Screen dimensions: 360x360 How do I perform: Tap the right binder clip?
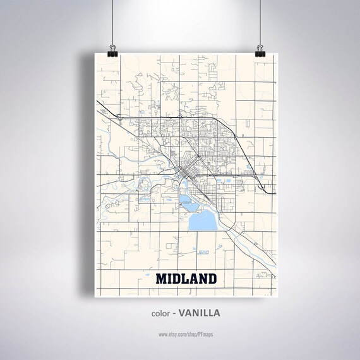(x=260, y=50)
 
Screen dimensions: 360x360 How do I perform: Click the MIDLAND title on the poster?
(x=186, y=279)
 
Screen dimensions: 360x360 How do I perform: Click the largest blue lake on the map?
(x=200, y=222)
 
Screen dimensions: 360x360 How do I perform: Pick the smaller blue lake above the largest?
(x=187, y=202)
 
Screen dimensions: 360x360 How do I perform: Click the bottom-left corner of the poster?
(x=95, y=296)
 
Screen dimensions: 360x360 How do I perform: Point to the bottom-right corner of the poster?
(x=277, y=296)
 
